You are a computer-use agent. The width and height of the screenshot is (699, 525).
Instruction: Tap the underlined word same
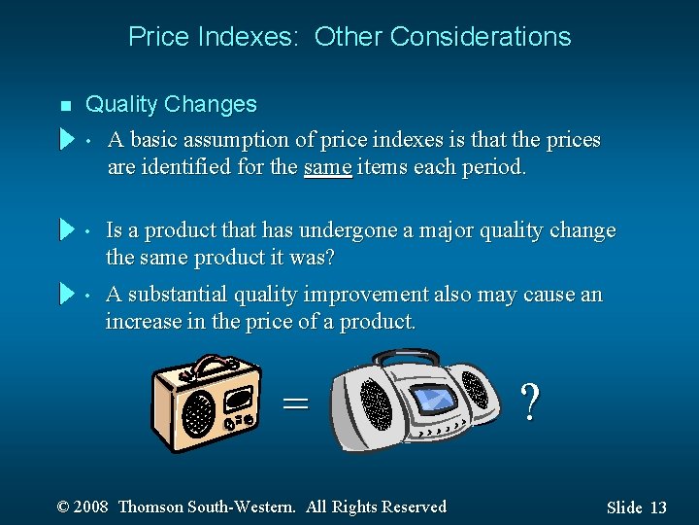pyautogui.click(x=327, y=167)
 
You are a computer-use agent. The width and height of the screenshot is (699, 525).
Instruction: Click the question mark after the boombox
pyautogui.click(x=529, y=401)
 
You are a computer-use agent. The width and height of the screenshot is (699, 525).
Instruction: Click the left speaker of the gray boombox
pyautogui.click(x=375, y=403)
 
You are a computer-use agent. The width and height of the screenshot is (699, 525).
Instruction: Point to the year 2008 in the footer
pyautogui.click(x=90, y=507)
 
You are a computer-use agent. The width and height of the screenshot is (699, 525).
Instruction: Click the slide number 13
pyautogui.click(x=658, y=507)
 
